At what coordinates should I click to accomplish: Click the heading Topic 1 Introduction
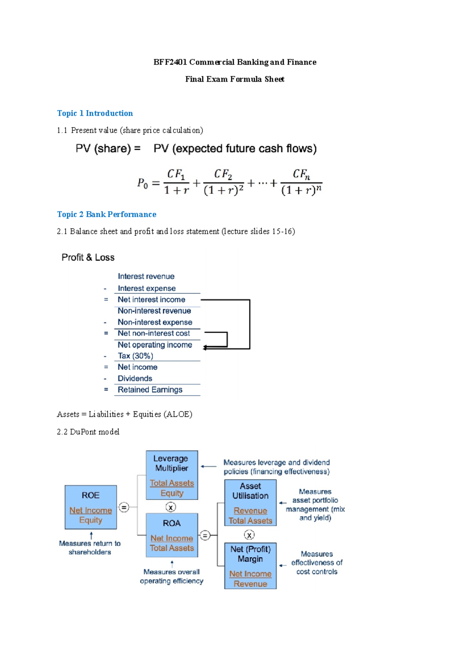click(95, 113)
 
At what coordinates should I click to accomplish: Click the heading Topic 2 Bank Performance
click(106, 214)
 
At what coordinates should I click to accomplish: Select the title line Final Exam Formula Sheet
click(234, 79)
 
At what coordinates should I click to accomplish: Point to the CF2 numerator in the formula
click(223, 174)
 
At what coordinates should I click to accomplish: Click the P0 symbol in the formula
click(143, 183)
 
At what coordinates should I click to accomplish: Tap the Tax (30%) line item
click(135, 356)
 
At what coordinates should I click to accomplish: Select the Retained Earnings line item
click(150, 390)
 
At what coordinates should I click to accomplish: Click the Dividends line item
click(135, 379)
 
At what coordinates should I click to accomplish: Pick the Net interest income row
click(151, 300)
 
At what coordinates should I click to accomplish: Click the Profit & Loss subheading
click(88, 258)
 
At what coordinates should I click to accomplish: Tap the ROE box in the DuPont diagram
click(91, 507)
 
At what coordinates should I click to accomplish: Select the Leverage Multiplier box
click(172, 475)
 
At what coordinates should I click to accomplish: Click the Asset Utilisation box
click(250, 503)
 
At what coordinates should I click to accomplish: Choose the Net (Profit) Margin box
click(250, 566)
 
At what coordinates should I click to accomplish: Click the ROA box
click(172, 535)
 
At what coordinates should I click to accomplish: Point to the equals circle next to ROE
click(124, 508)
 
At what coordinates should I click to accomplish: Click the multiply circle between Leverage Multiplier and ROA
click(171, 508)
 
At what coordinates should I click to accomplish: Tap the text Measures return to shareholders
click(90, 548)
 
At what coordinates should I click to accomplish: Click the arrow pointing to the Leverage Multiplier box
click(209, 467)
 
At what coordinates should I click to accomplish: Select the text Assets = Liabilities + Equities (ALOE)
click(124, 415)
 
